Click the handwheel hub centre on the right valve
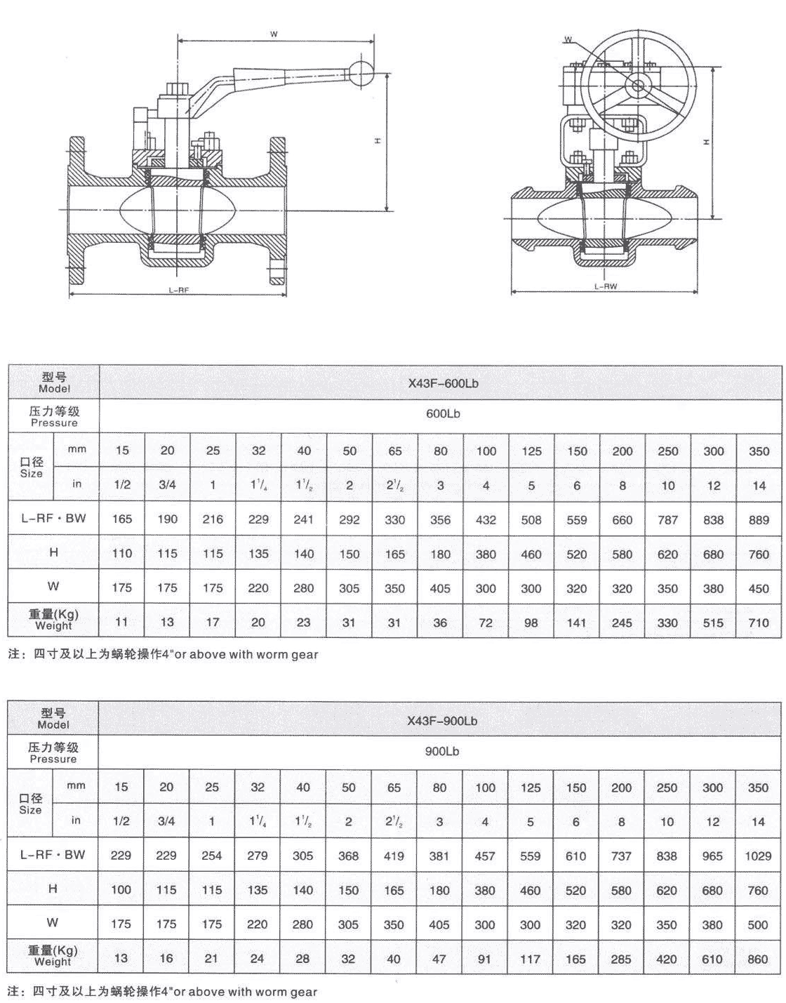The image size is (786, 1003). coord(638,86)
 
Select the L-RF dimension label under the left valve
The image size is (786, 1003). coord(179,289)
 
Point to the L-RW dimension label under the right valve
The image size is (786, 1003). coord(605,286)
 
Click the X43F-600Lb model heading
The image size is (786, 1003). coord(444,384)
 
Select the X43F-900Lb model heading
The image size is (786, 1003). coord(442,721)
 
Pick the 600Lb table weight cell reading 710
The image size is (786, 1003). coord(759,623)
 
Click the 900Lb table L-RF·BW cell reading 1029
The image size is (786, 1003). coord(758,856)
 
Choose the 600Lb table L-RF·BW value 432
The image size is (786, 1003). coord(486,520)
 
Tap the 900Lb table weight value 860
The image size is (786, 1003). coord(758,959)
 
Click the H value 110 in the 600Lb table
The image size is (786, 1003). coord(122,554)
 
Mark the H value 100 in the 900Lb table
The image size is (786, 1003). coord(121,890)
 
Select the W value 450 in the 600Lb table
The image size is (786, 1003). coord(759,588)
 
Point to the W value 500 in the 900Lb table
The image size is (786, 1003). coord(758,924)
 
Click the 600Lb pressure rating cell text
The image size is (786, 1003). coord(443,414)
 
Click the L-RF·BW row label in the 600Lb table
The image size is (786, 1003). coord(53,519)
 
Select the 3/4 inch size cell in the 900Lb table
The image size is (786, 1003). coord(166,821)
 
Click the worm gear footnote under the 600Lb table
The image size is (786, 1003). coord(163,655)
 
